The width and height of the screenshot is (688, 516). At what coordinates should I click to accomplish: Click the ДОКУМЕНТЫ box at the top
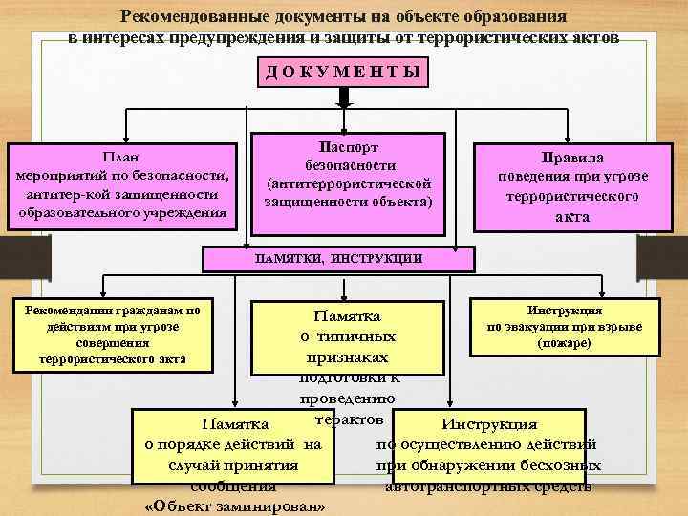click(x=343, y=75)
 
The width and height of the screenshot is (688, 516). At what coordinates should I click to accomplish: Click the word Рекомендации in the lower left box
click(x=67, y=311)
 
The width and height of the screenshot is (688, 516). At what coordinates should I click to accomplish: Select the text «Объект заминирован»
click(x=233, y=505)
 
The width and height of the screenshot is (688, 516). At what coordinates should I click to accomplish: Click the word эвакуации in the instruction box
click(x=545, y=326)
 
